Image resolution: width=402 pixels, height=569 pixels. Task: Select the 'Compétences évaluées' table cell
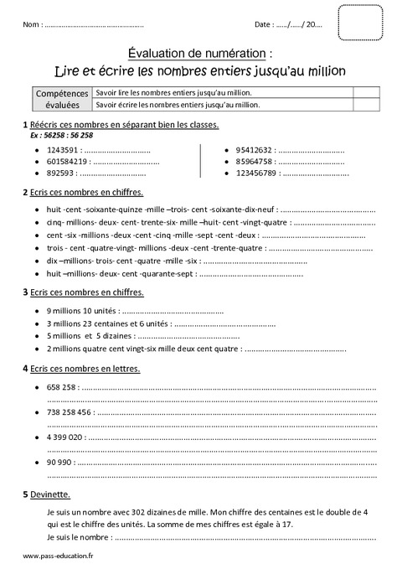click(62, 99)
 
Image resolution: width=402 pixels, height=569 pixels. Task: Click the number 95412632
click(255, 150)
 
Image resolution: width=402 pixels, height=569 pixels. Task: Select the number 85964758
click(255, 162)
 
